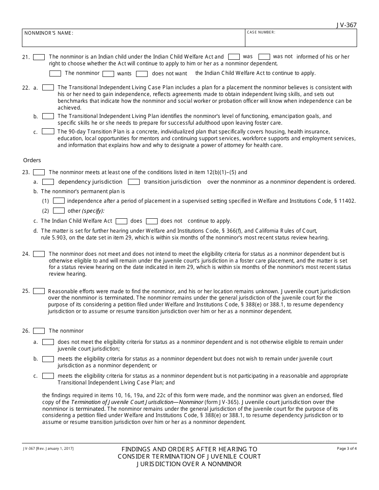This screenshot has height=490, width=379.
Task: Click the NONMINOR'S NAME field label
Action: pos(49,33)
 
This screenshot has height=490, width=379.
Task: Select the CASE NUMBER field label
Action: pos(261,32)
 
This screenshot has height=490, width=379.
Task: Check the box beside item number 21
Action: pos(39,57)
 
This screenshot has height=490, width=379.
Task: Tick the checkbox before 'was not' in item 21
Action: pos(264,57)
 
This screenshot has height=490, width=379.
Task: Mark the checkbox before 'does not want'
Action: pos(142,74)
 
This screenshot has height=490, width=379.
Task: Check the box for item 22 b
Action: pos(48,116)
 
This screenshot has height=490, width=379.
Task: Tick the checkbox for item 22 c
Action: pos(48,131)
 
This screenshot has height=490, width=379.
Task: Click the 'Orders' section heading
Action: pos(32,160)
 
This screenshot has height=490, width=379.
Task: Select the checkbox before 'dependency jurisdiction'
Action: pos(48,182)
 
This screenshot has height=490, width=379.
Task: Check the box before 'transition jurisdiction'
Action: pos(134,182)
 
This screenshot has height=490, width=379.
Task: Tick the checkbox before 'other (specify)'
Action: pos(59,211)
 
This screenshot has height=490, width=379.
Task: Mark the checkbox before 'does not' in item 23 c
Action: pos(152,221)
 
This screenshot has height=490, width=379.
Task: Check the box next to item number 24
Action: pos(39,254)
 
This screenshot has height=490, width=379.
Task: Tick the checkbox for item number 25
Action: pos(39,291)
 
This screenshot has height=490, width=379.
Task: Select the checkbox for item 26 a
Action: pos(48,342)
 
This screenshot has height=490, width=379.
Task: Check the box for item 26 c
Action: pos(48,376)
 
